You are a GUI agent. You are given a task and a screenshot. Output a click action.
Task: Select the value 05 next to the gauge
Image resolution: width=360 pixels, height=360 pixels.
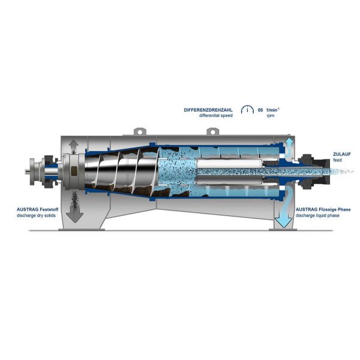coord(260,110)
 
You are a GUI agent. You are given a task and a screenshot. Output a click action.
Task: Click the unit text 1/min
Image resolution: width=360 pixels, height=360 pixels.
coord(274,110)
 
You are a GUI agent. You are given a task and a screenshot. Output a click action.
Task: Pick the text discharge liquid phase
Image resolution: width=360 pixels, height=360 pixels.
coord(323,215)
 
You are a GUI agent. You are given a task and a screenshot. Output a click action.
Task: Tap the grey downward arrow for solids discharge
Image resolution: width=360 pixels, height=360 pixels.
coord(74,212)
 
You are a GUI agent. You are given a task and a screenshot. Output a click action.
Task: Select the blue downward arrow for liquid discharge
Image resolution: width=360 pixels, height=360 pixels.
coord(281,218)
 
